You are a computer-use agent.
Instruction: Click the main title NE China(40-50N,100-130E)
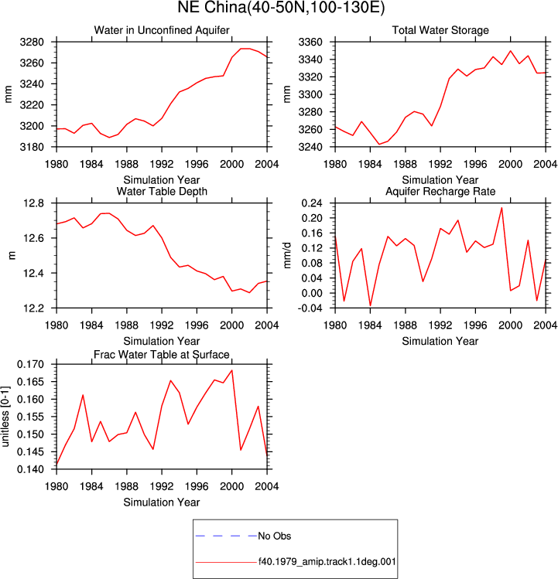281,8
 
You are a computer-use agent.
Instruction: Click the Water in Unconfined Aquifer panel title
162,30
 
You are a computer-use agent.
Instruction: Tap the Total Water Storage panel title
440,30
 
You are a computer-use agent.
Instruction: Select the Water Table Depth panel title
162,191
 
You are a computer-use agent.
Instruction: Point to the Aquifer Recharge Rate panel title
440,191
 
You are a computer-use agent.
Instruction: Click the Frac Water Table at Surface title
162,355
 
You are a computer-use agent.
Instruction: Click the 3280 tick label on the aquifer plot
32,42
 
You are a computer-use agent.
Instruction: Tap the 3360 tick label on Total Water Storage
310,42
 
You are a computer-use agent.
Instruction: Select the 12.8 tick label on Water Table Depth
33,203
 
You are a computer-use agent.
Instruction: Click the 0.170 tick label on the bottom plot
30,364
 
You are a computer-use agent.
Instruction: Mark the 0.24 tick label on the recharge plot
312,203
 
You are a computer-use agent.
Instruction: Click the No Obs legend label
275,536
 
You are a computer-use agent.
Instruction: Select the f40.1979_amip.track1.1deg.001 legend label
327,562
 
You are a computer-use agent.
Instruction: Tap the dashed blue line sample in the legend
226,536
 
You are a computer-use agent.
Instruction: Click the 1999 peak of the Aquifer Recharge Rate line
502,207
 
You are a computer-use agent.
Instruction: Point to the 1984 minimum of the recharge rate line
370,306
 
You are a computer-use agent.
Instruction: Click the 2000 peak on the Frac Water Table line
232,370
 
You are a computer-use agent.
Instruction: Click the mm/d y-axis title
287,255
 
